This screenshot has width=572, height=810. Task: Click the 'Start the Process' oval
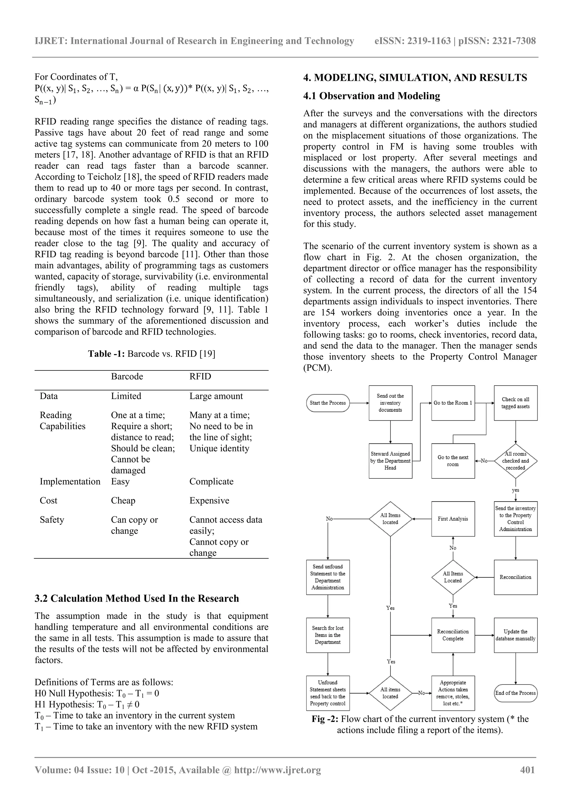(327, 403)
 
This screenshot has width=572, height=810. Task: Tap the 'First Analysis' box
(453, 519)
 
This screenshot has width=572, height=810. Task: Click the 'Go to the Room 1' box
(453, 403)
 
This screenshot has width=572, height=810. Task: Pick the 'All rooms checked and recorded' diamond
(516, 461)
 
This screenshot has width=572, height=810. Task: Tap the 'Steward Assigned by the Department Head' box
(390, 461)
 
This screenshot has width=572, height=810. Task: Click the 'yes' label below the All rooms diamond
(515, 490)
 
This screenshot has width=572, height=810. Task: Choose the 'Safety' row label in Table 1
(52, 520)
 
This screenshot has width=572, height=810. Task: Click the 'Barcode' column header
(127, 376)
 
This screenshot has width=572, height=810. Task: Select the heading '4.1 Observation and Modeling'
(371, 96)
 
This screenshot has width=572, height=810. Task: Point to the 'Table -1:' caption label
(106, 354)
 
